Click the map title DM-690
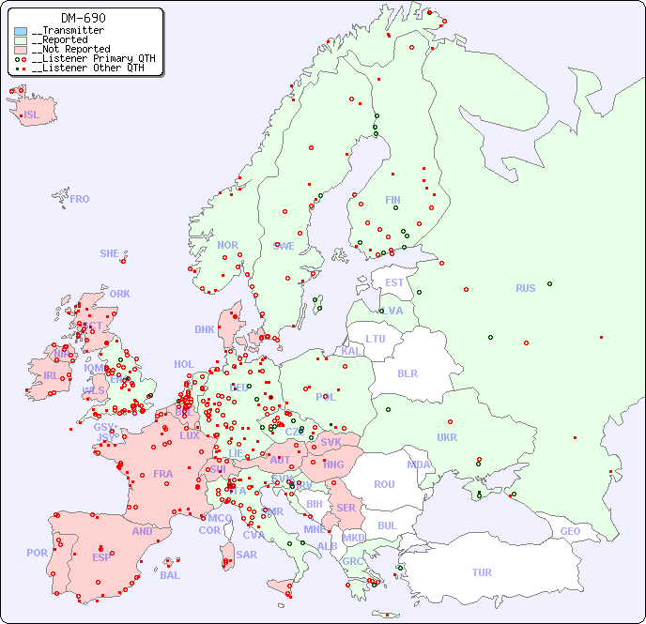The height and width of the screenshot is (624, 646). coord(84,18)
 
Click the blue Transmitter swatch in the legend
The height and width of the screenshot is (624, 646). coord(21,31)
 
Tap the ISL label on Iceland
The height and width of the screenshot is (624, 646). coord(32,115)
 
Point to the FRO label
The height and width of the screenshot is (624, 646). coord(80,199)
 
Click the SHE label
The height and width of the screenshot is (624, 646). coord(110,253)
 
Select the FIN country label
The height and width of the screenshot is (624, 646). coord(392,200)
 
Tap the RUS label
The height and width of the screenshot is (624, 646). coord(525,288)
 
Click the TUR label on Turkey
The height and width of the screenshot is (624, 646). coord(482,572)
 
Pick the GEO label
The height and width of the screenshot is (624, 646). coord(570,531)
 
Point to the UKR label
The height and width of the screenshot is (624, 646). coord(447,437)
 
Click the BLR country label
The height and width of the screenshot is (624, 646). coord(407,373)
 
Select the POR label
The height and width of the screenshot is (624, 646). coord(37,553)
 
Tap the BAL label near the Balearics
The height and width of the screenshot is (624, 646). coord(169,575)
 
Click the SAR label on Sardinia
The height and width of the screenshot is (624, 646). coord(246,555)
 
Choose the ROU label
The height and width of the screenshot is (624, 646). coord(384,484)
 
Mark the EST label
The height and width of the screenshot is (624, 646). coord(394,282)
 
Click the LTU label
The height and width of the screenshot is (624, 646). coord(376,339)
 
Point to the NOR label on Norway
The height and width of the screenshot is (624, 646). coord(227,245)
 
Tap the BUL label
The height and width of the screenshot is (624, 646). coord(387,525)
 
